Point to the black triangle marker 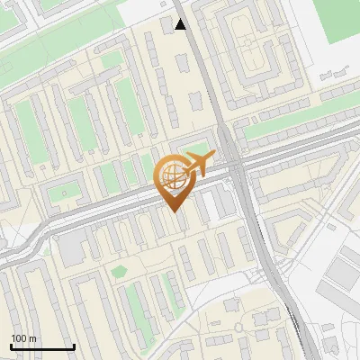pos(181,24)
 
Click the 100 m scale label pos(24,337)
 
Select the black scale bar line pos(42,346)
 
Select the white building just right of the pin pos(209,206)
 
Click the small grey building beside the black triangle pos(169,23)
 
